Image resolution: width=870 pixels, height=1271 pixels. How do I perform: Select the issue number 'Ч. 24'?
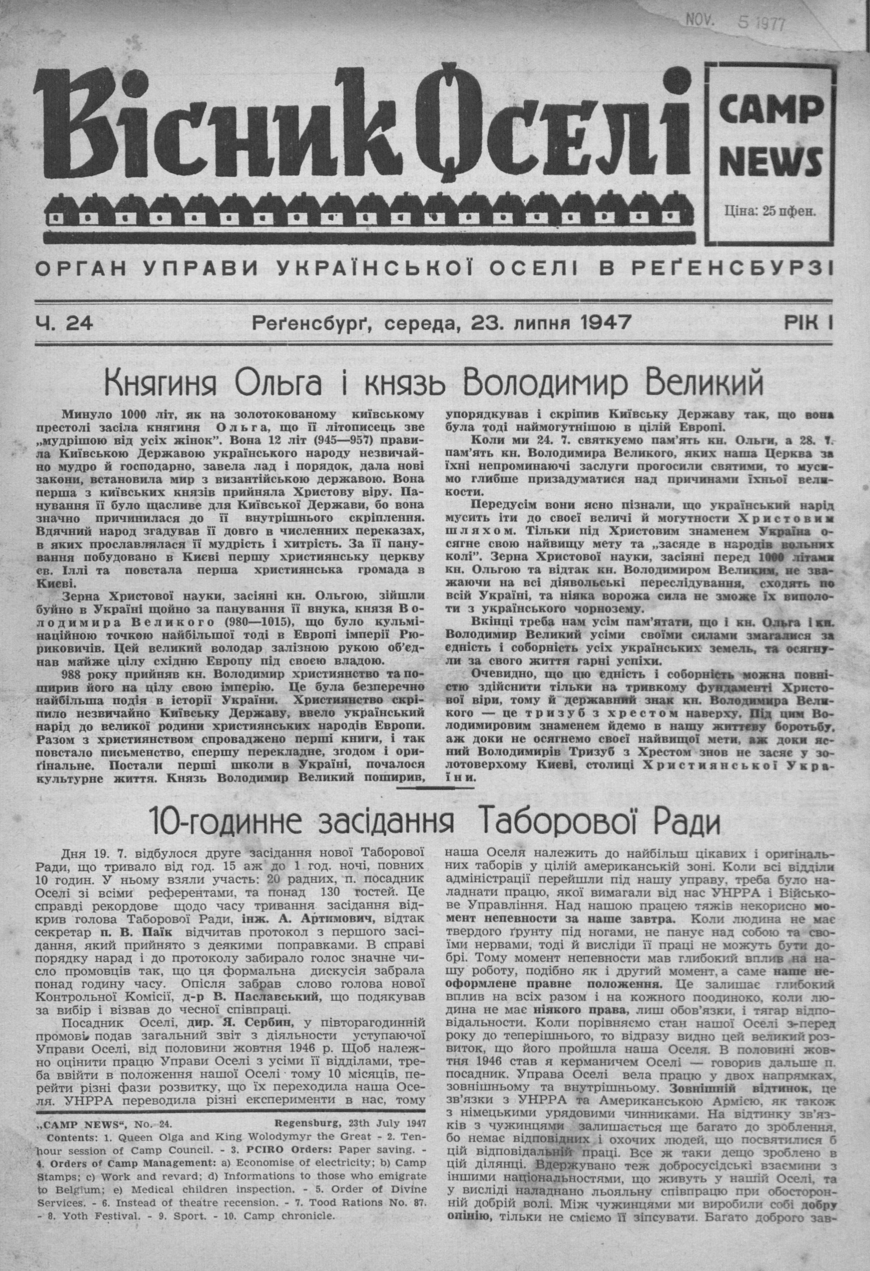[x=64, y=324]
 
